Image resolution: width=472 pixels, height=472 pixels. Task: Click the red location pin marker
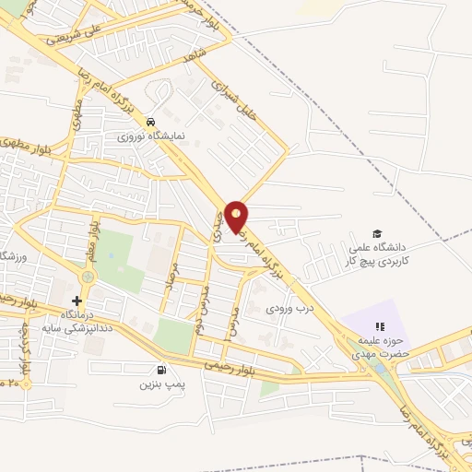point(237,215)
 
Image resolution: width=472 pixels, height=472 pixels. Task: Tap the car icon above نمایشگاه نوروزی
point(150,121)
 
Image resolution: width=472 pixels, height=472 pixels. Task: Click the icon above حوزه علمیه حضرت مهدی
point(379,325)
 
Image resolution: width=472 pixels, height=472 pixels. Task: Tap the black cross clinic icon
point(77,301)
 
